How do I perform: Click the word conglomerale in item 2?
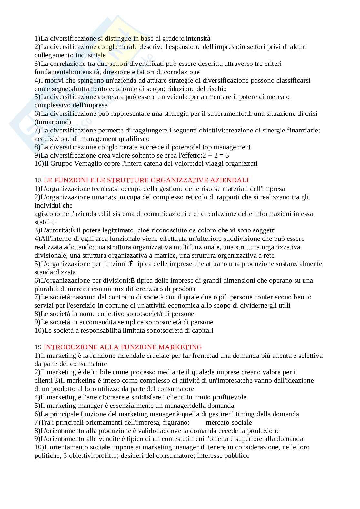pyautogui.click(x=118, y=47)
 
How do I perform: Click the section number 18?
pyautogui.click(x=38, y=180)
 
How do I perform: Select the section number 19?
pyautogui.click(x=38, y=347)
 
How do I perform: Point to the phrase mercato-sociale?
pyautogui.click(x=229, y=422)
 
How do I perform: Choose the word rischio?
pyautogui.click(x=216, y=89)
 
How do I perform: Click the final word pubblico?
pyautogui.click(x=234, y=456)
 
